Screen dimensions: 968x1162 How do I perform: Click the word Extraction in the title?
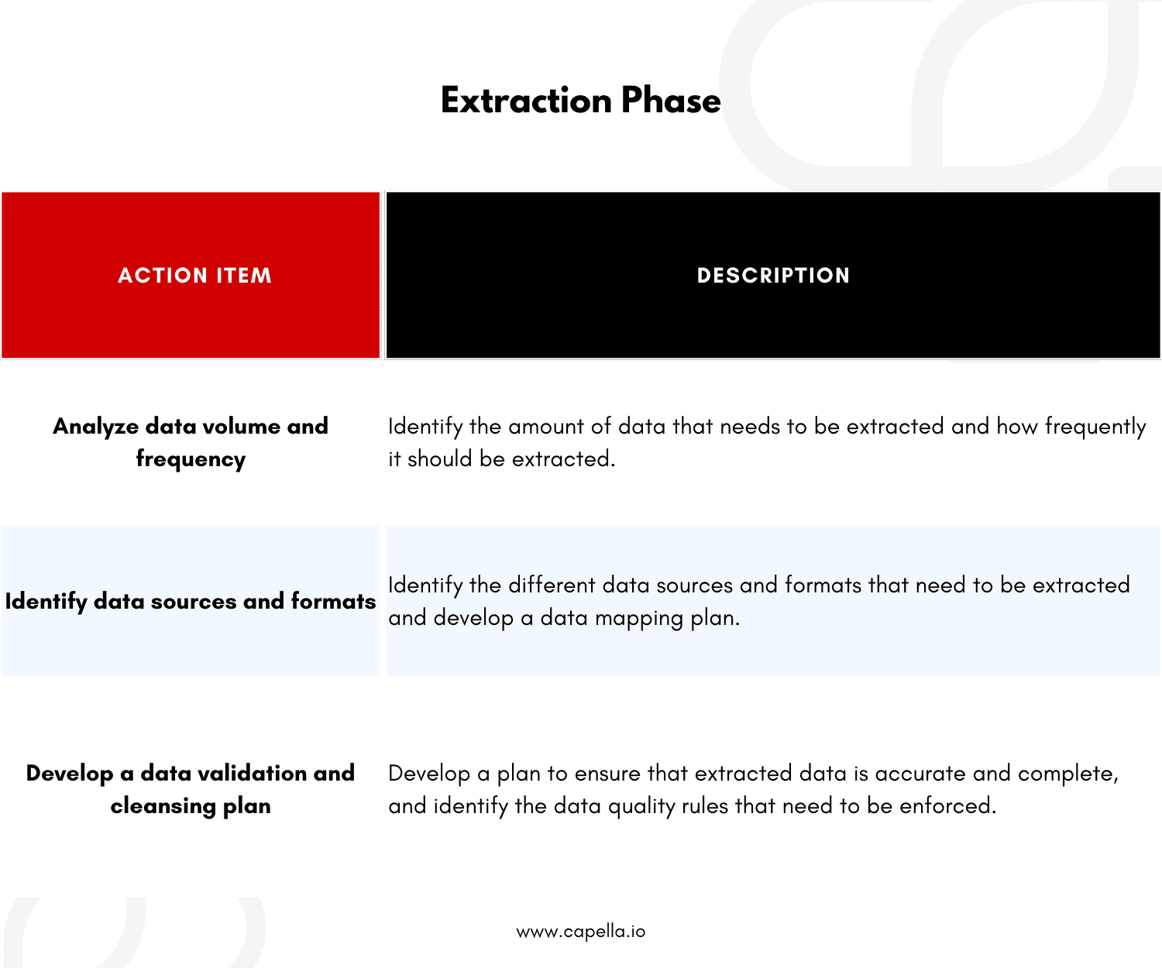coord(527,101)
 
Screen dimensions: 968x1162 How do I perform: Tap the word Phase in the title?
coord(671,101)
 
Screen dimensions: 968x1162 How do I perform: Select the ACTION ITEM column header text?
coord(194,276)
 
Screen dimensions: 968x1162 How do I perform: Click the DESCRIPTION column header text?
coord(773,276)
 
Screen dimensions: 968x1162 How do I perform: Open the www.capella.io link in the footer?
coord(580,931)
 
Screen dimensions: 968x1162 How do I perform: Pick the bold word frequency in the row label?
coord(191,459)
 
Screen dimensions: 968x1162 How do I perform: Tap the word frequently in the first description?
coord(1095,427)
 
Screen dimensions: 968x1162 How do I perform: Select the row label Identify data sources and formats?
coord(191,602)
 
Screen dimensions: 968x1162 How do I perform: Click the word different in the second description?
coord(552,585)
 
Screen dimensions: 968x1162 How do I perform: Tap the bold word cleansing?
coord(163,806)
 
